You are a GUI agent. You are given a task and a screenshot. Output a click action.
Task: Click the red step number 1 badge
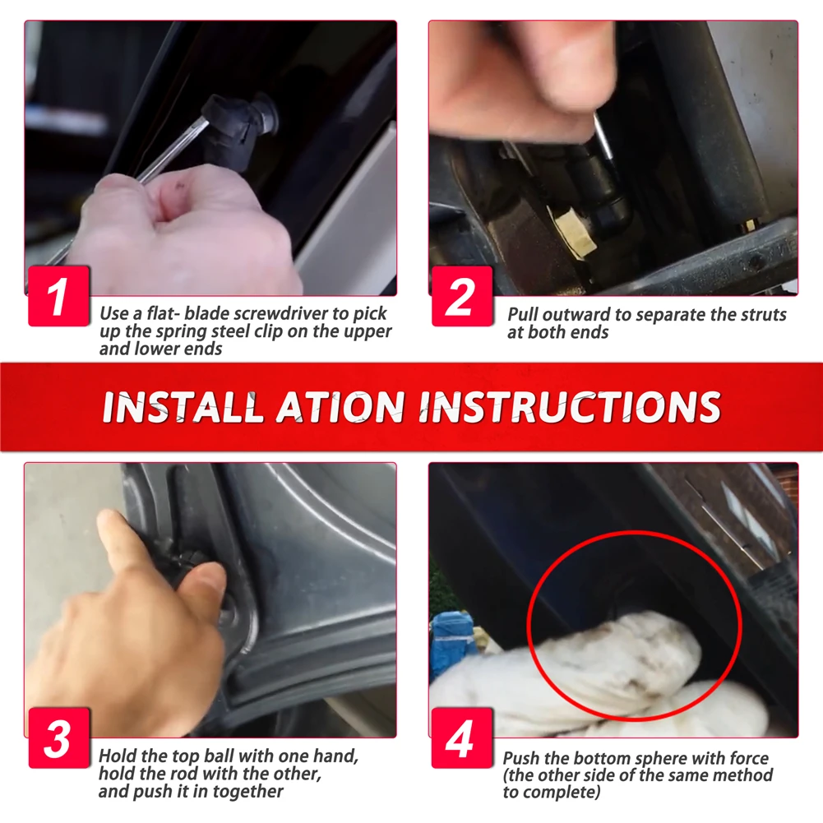pyautogui.click(x=59, y=296)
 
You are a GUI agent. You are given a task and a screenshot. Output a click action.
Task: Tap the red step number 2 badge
pyautogui.click(x=462, y=296)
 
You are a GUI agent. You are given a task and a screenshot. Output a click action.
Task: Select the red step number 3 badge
pyautogui.click(x=59, y=738)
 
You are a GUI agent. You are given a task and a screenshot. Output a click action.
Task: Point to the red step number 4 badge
pyautogui.click(x=462, y=738)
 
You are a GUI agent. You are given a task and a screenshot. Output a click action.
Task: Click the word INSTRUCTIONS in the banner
pyautogui.click(x=570, y=407)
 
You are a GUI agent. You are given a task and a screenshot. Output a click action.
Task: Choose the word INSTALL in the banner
pyautogui.click(x=182, y=407)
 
